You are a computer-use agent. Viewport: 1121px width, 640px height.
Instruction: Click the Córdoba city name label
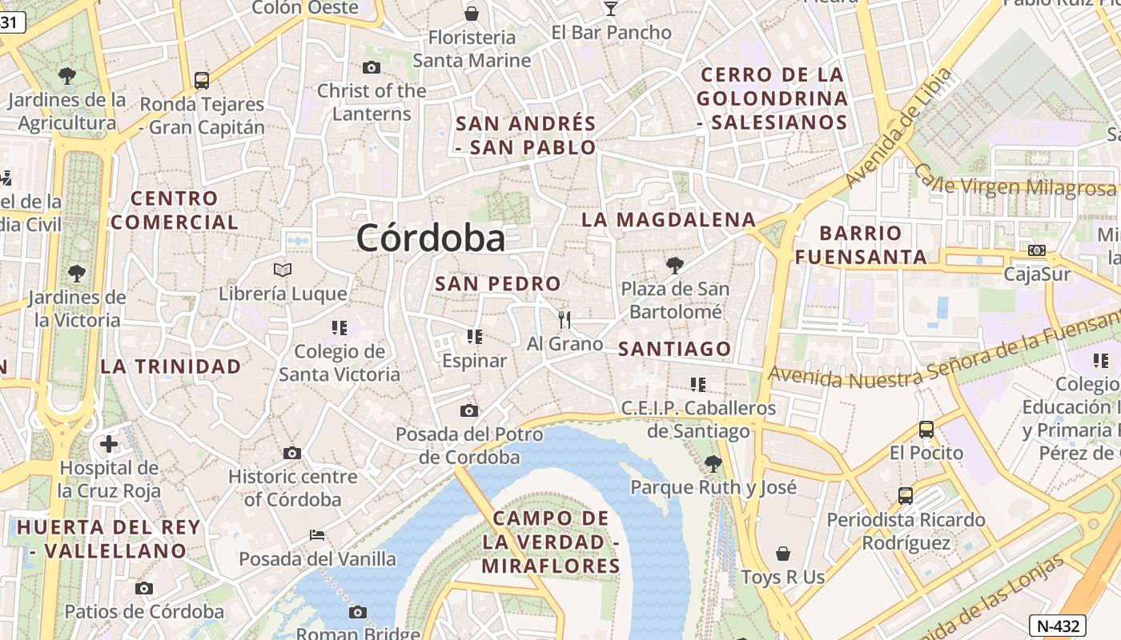pos(431,238)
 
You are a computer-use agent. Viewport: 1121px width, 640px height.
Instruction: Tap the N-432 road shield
pos(1057,626)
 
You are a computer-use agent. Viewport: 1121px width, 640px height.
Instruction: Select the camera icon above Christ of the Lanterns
pos(372,67)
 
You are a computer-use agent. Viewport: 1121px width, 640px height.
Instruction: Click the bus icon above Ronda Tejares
pos(201,80)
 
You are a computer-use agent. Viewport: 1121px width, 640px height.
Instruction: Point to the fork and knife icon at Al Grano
pos(565,320)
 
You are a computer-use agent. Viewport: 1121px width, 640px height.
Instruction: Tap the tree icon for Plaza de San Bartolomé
pos(675,265)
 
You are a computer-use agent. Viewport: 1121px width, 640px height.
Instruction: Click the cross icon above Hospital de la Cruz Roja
pos(109,444)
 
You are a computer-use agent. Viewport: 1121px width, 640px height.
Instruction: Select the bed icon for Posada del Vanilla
pos(317,534)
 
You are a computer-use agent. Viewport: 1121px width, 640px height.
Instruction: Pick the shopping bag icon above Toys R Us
pos(783,554)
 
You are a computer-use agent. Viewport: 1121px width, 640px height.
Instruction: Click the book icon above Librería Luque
pos(283,270)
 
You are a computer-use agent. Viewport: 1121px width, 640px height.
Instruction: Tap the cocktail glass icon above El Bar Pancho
pos(611,9)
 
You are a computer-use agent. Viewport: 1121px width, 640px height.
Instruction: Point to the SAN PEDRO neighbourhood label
pos(498,284)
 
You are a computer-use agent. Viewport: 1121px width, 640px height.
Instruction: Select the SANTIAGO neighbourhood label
pos(675,349)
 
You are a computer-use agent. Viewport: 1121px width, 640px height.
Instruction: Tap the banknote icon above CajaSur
pos(1037,250)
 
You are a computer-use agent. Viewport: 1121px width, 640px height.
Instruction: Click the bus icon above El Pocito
pos(926,429)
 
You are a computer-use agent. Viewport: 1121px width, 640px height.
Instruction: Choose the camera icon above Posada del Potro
pos(469,410)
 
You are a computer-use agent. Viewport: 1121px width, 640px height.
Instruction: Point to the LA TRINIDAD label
pos(171,366)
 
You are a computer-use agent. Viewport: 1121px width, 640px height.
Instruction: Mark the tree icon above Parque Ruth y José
pos(713,463)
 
